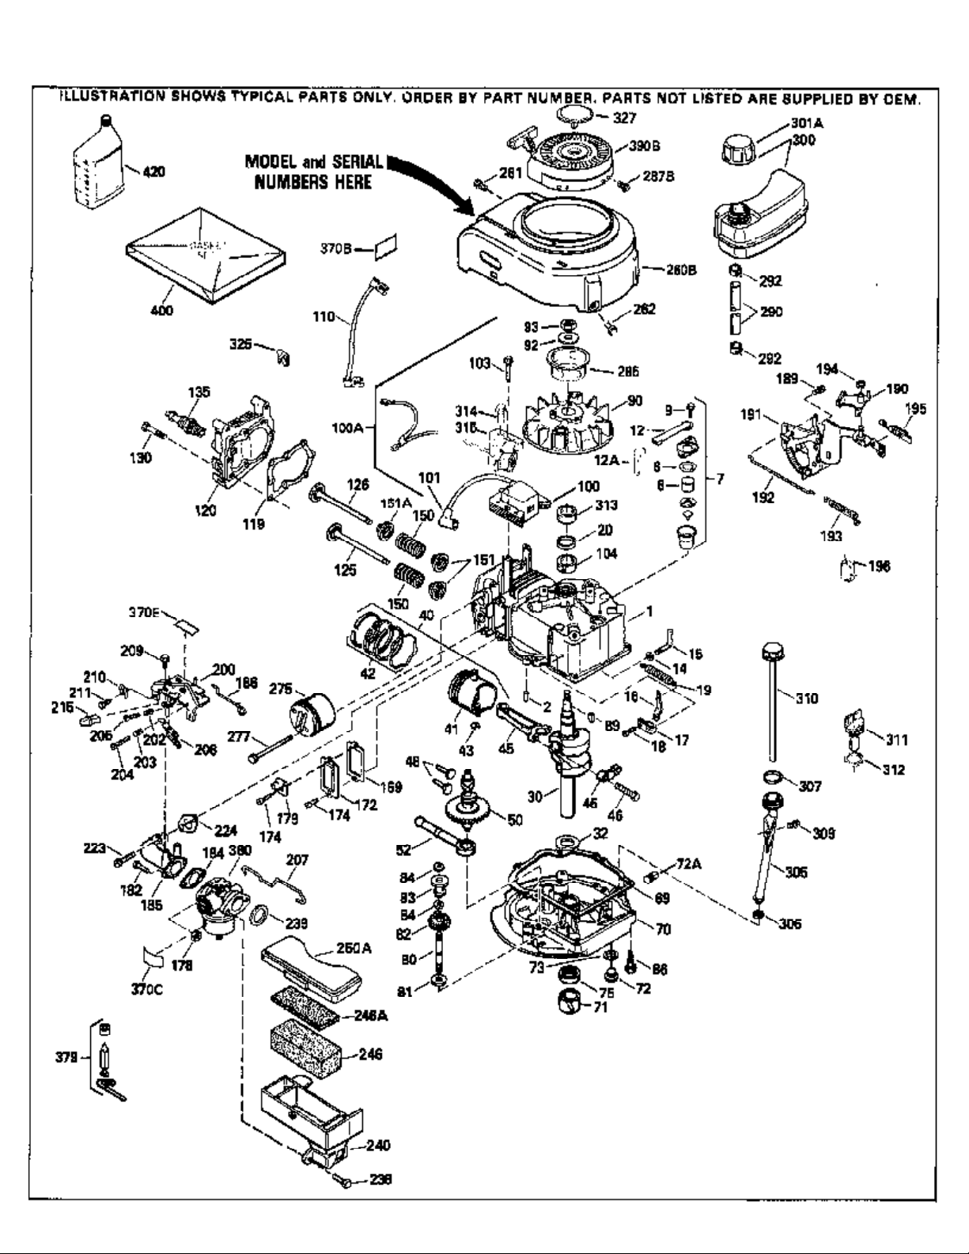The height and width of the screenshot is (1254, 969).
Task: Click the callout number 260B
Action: [x=682, y=270]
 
